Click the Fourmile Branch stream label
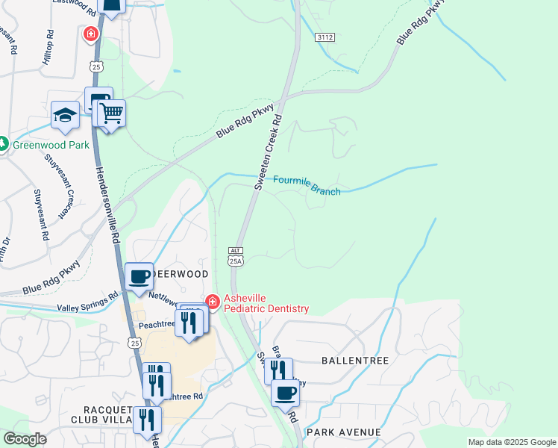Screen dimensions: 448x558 pos(307,186)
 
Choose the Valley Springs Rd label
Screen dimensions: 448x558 pos(87,302)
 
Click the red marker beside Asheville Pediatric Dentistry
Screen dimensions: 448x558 pos(213,302)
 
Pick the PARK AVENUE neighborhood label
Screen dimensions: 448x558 pos(343,432)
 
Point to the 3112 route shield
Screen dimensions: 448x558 pos(325,37)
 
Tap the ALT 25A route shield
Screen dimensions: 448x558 pos(236,256)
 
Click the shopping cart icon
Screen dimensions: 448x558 pos(111,114)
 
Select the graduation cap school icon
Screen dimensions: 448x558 pos(65,116)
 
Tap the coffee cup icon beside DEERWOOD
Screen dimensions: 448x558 pos(139,277)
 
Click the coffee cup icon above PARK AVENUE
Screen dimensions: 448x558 pos(284,392)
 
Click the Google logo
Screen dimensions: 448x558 pos(25,439)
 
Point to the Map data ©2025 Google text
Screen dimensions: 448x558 pos(512,442)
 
